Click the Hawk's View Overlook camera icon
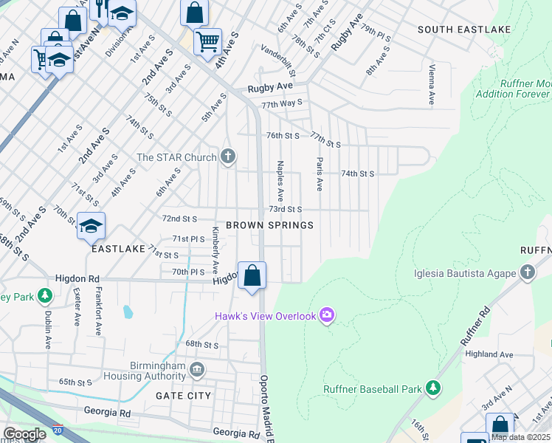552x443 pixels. click(x=327, y=316)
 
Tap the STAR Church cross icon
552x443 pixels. click(x=229, y=157)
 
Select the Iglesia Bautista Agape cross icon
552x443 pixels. click(x=527, y=273)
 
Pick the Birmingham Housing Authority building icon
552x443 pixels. click(x=197, y=368)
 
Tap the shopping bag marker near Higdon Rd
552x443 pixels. click(x=252, y=276)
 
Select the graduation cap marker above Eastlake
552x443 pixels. click(x=91, y=227)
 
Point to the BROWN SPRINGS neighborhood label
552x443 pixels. click(x=269, y=225)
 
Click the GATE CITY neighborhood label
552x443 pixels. click(x=183, y=396)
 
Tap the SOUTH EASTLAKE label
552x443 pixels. click(x=454, y=30)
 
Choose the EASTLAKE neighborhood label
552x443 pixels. click(x=118, y=250)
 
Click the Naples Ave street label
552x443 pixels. click(x=280, y=182)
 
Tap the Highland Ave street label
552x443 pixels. click(x=489, y=354)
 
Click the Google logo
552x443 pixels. click(x=24, y=434)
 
